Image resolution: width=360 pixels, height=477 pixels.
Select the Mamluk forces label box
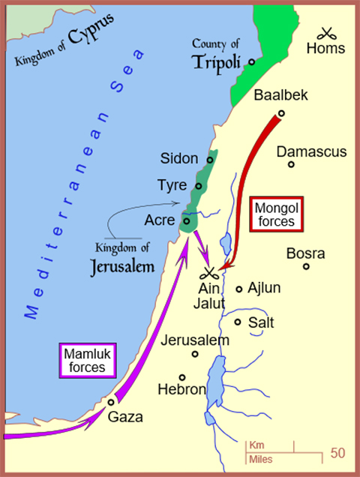tap(88, 358)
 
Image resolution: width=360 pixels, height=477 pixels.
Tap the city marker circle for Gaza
tap(111, 402)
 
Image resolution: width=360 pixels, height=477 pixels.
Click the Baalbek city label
tap(281, 96)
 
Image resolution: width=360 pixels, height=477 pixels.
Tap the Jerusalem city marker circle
tap(195, 354)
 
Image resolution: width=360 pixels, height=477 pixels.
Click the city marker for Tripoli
tap(252, 62)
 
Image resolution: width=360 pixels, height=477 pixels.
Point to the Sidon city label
tap(179, 158)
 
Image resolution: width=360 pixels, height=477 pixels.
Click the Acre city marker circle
tap(186, 220)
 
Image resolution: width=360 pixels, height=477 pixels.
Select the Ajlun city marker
tap(239, 289)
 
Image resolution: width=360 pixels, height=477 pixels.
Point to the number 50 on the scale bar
tap(337, 453)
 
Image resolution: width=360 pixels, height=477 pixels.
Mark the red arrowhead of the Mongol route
tap(229, 264)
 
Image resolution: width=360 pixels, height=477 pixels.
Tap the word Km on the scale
tap(256, 445)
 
